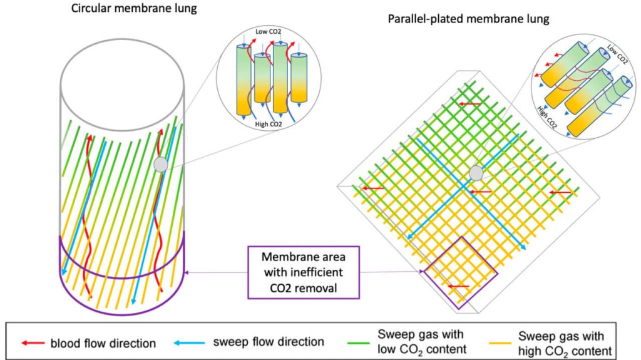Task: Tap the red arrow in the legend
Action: pos(34,342)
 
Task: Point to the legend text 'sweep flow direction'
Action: pos(269,342)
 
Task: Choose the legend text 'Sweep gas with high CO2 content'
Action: pos(565,342)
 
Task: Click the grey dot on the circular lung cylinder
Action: pos(161,164)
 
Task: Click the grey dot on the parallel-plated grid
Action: pos(476,172)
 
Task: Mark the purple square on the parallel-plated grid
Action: pos(461,272)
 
